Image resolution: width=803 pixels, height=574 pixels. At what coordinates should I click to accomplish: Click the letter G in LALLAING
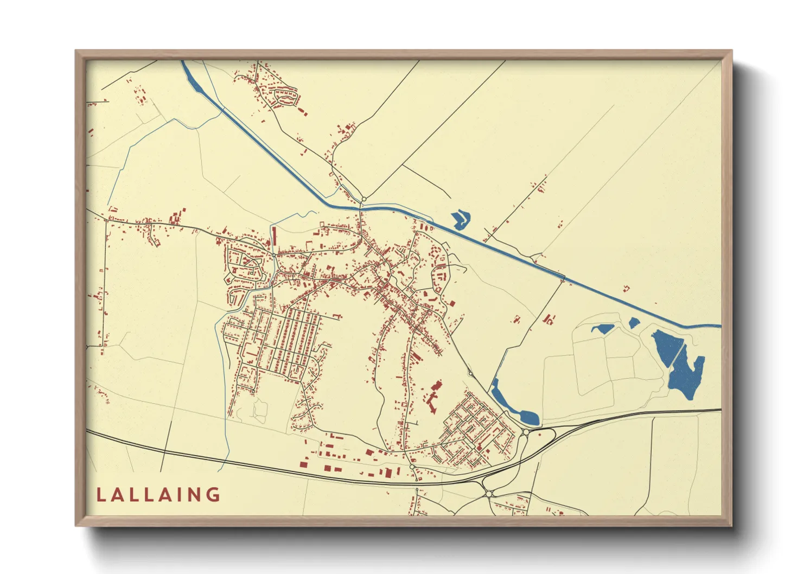213,494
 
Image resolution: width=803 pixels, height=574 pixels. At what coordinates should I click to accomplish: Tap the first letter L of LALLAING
100,495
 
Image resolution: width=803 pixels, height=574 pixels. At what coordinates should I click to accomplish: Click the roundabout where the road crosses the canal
364,200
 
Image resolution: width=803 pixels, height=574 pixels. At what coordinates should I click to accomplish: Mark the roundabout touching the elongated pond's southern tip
526,432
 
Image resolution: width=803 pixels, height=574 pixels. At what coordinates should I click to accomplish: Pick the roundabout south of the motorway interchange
488,494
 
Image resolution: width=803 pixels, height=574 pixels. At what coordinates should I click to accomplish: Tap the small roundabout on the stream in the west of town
275,254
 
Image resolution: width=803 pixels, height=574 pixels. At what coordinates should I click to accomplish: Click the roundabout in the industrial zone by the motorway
412,467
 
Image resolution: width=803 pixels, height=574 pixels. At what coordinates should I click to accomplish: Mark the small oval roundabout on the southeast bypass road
470,373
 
